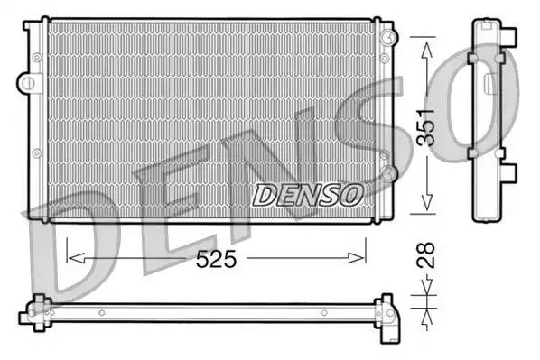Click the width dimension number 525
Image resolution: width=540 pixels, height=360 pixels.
(x=218, y=260)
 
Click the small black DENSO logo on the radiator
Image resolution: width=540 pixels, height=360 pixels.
(x=307, y=193)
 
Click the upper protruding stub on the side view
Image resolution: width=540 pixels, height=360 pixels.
(x=510, y=37)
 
